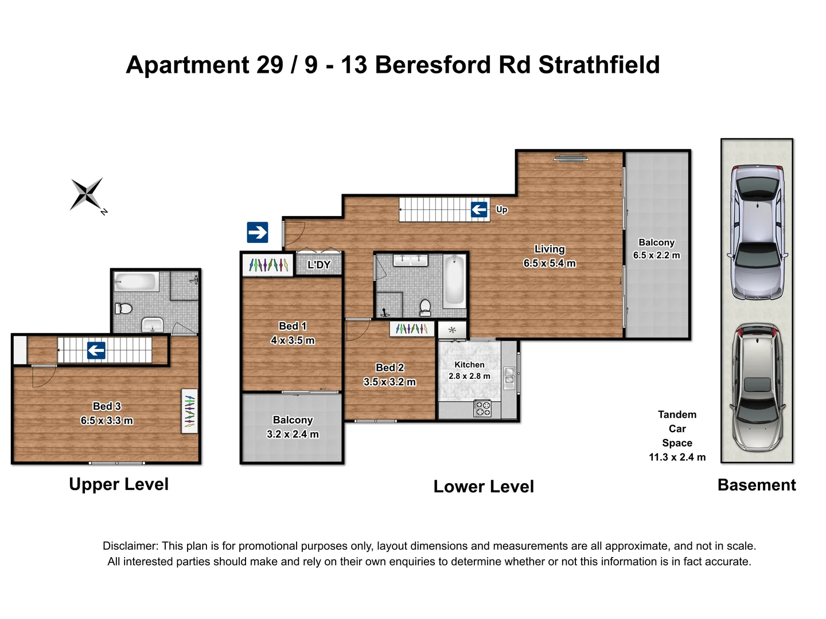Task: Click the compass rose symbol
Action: pos(87,194)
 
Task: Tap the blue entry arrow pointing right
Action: pos(258,233)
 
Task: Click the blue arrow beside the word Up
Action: pos(479,210)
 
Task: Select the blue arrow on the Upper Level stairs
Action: pos(96,350)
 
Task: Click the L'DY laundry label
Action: pos(319,265)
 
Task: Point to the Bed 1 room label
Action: pos(293,326)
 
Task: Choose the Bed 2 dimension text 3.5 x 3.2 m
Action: pos(389,382)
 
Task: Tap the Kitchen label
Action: pos(469,365)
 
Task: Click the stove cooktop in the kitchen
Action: pos(482,408)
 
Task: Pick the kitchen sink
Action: pos(509,375)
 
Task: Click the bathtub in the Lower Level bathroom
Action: pos(454,281)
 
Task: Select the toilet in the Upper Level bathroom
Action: pos(123,309)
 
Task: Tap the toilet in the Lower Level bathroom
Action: pos(425,307)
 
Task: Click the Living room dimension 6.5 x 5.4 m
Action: pos(550,263)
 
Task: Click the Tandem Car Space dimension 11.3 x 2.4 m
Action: pos(677,457)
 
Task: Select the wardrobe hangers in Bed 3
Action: pos(189,411)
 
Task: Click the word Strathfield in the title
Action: pos(599,65)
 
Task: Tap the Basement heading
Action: pos(757,485)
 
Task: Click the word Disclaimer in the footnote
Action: pos(130,546)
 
